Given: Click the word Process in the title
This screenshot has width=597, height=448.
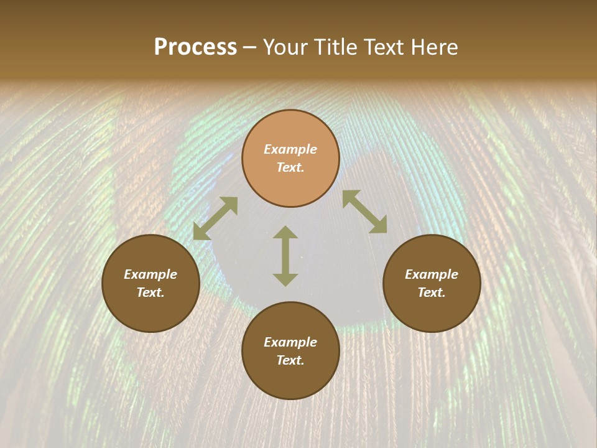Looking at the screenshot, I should point(195,47).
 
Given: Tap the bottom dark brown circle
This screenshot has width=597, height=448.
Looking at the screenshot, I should point(290,380).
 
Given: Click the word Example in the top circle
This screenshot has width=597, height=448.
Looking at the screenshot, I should point(290,149).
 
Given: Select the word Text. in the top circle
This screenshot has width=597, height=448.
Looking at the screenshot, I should point(290,167).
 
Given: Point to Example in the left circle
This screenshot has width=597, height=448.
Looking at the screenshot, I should point(150,274).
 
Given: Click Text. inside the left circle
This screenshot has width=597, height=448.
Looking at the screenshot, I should point(150,292).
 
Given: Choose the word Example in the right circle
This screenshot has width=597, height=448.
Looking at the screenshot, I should point(432,274).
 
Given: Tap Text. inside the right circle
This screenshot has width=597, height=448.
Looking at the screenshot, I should point(432,292).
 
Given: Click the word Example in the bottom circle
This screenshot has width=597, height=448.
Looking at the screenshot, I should point(290,342).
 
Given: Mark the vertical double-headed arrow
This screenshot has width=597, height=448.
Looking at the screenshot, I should point(285,256).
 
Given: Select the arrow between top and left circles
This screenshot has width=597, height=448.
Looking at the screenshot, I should point(215,218).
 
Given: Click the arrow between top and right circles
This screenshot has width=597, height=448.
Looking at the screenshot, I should point(364,212).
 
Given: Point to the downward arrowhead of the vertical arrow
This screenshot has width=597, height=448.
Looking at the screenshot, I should point(285,279).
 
